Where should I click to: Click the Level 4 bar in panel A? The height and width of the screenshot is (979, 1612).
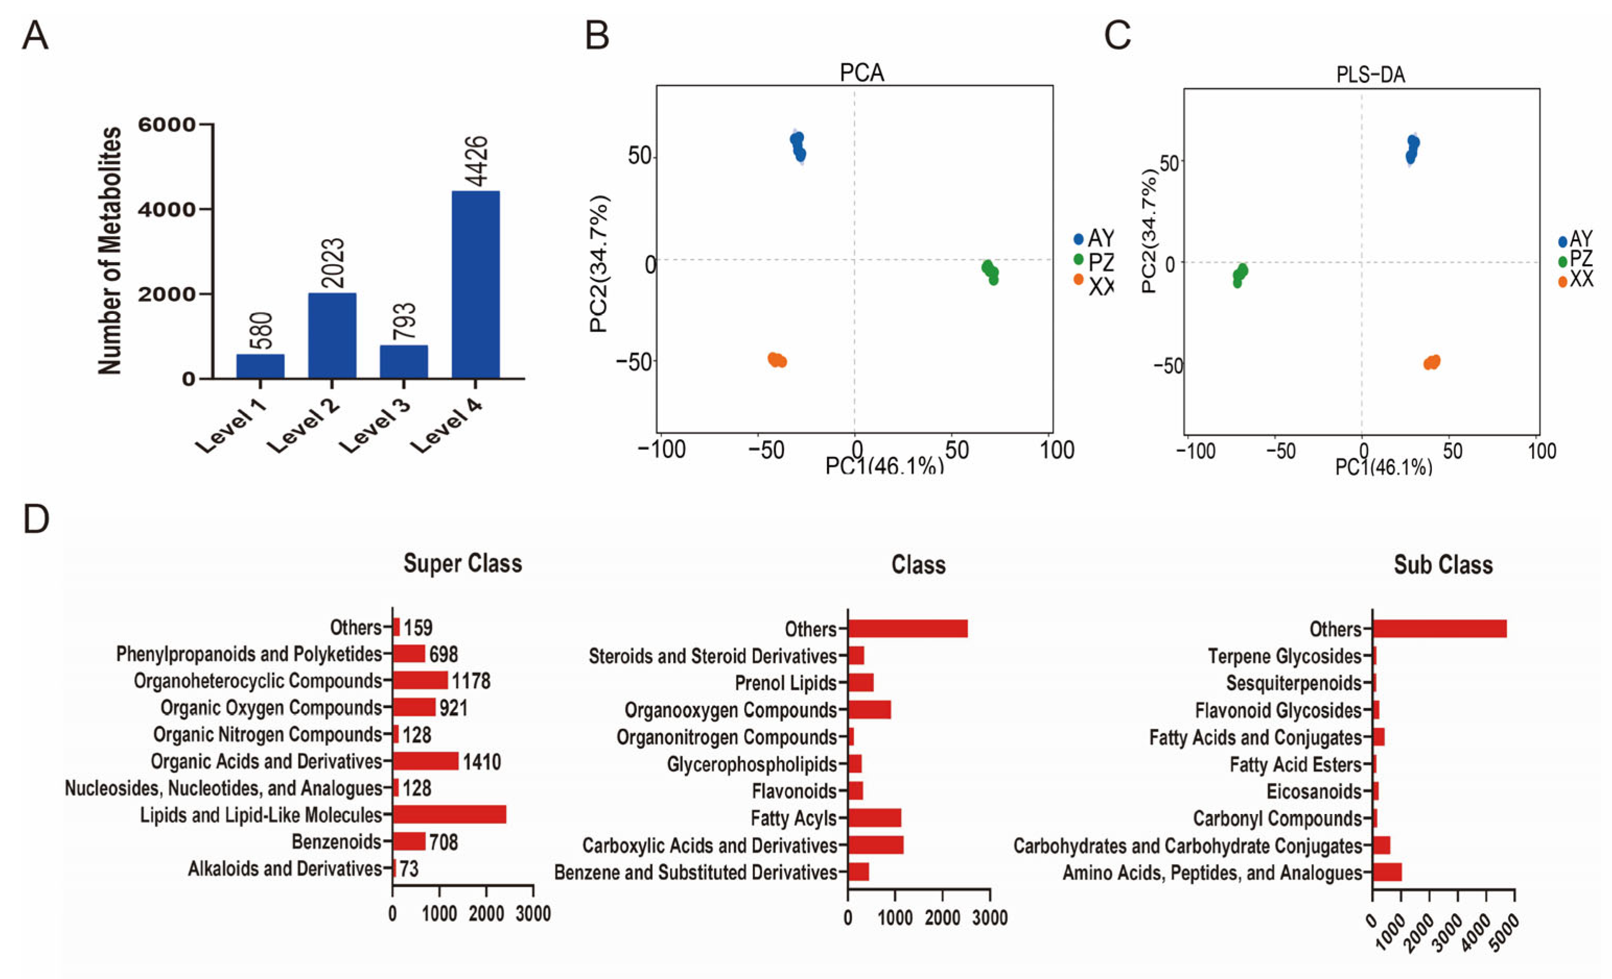tap(476, 285)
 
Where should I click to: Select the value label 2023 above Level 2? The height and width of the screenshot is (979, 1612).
tap(333, 263)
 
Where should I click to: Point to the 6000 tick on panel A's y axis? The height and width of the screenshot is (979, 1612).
tap(167, 124)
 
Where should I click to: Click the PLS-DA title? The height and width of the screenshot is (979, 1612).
tap(1371, 75)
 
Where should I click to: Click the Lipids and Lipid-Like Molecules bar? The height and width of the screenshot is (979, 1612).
tap(449, 815)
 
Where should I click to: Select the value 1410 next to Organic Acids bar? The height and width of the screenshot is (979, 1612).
tap(482, 762)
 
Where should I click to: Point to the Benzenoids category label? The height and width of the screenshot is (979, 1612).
tap(336, 842)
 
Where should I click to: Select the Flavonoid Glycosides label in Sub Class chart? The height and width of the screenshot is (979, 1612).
tap(1278, 711)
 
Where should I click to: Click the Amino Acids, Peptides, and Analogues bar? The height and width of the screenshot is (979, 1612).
tap(1387, 872)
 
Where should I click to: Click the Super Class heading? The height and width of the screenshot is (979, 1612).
tap(463, 563)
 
